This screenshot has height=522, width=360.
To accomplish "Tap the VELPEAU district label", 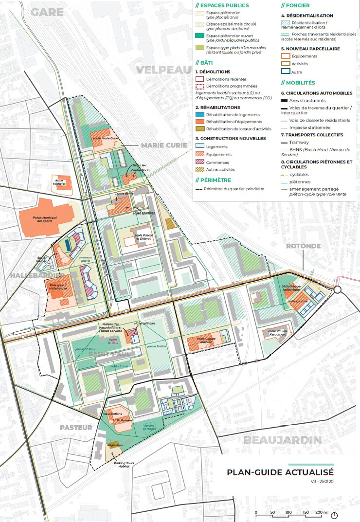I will coord(163,70).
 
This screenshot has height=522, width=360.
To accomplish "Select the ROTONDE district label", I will coord(303,246).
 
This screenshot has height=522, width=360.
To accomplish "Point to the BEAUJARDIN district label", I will coord(282,441).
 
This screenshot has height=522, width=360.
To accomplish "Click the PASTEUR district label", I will coord(76,428).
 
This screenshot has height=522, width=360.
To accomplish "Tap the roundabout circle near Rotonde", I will coord(338,289).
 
